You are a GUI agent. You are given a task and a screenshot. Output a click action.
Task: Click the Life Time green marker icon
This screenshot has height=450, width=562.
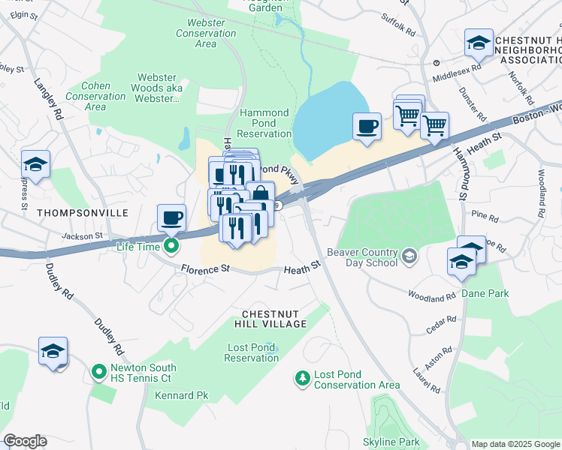click(x=172, y=245)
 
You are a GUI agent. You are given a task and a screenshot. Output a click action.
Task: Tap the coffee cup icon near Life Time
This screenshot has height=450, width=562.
click(x=171, y=218)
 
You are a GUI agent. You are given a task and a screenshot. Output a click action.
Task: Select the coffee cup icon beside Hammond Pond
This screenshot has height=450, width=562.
click(x=367, y=125)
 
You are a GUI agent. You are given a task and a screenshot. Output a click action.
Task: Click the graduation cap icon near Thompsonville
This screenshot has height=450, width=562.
click(x=35, y=163)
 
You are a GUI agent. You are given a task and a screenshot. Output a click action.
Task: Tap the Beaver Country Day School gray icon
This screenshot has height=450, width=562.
click(x=409, y=256)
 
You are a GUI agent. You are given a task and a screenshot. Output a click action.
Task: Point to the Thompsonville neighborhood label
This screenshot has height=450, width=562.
click(x=71, y=213)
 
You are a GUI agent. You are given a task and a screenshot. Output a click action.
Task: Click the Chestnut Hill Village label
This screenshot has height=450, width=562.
click(x=273, y=318)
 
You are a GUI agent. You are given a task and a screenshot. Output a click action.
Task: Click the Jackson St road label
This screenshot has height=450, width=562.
click(x=83, y=235)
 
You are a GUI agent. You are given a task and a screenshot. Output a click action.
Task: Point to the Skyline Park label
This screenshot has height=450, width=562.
click(x=390, y=441)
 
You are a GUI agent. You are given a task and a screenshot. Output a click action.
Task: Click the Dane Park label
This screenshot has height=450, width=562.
click(x=485, y=292)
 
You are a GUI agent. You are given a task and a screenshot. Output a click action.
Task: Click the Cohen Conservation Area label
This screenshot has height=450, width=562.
click(x=95, y=96)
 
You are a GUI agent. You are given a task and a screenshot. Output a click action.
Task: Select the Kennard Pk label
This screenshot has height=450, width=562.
click(x=181, y=394)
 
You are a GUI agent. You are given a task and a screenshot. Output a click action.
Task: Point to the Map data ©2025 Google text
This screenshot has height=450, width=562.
click(x=515, y=444)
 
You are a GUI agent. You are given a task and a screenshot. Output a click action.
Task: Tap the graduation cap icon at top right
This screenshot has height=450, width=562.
click(x=478, y=43)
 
